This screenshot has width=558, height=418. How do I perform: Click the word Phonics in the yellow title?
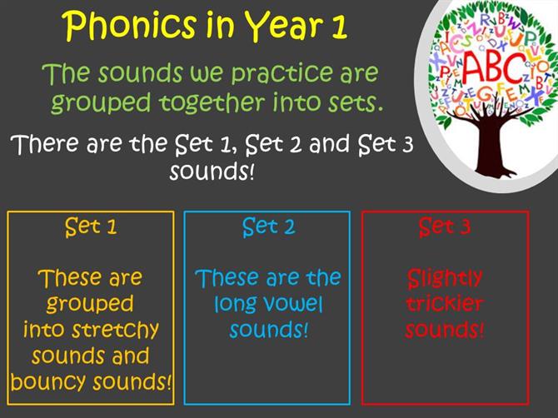click(x=130, y=26)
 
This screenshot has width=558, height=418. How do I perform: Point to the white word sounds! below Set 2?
click(x=212, y=172)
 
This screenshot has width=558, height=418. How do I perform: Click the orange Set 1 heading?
click(x=91, y=226)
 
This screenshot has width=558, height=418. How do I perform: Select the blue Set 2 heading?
click(x=268, y=226)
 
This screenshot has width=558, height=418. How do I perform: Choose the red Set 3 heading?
click(x=445, y=226)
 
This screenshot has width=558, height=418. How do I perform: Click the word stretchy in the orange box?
click(x=115, y=330)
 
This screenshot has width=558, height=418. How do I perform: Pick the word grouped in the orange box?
click(x=90, y=304)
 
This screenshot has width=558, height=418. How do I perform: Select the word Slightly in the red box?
click(x=445, y=279)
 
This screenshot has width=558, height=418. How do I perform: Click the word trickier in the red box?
click(x=445, y=304)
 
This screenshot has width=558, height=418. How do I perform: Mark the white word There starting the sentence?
click(x=45, y=144)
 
